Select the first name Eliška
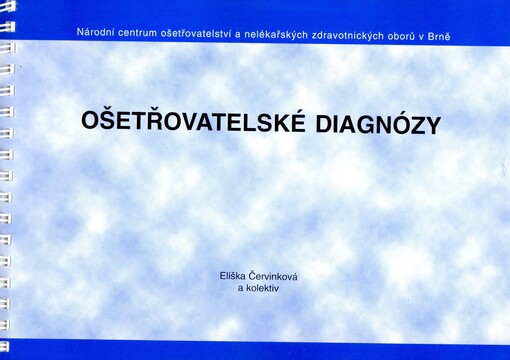pos(236,275)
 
